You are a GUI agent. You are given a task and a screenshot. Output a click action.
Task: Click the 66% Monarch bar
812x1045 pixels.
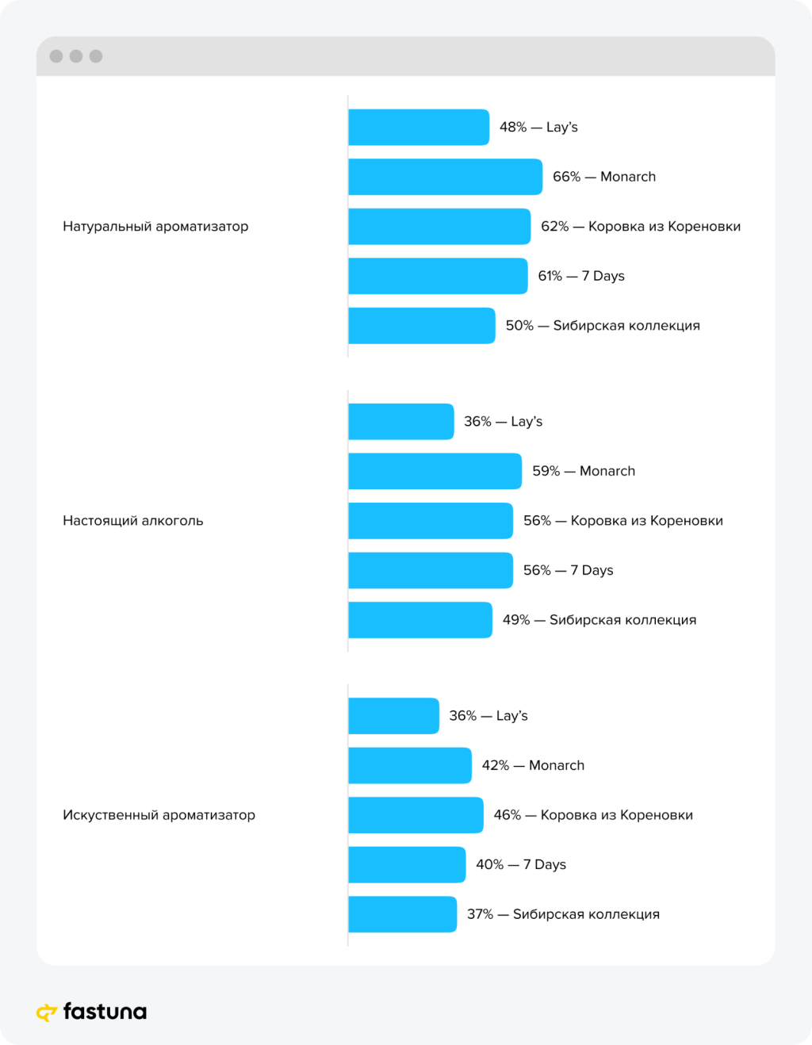[445, 177]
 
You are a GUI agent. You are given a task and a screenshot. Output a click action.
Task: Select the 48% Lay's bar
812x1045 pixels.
[419, 127]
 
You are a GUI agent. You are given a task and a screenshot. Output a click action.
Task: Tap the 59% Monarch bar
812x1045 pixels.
[435, 471]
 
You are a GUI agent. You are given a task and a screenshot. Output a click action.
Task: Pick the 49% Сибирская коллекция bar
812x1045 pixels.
[420, 620]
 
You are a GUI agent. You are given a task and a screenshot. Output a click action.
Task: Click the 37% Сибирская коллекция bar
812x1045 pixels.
[402, 914]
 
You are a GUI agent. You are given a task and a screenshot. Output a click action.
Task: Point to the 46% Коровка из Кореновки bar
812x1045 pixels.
[416, 815]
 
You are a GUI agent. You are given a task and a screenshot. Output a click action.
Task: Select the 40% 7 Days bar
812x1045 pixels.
[407, 864]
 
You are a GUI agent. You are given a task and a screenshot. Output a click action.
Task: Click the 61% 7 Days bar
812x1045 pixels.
[438, 276]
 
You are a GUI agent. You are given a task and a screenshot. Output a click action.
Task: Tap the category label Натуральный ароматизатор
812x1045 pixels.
[155, 227]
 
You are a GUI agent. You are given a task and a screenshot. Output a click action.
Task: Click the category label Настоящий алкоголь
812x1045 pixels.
[133, 521]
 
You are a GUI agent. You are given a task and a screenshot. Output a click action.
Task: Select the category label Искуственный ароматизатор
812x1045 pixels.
[159, 815]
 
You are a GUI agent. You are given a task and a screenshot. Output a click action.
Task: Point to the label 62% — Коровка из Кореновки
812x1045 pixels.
[641, 227]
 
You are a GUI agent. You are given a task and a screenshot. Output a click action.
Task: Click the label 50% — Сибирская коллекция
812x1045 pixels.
[603, 326]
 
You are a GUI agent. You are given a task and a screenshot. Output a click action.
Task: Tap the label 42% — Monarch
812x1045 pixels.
[533, 765]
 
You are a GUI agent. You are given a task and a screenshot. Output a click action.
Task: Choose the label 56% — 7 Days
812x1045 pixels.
[568, 570]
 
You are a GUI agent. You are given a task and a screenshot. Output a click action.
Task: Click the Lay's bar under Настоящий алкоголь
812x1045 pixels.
[401, 422]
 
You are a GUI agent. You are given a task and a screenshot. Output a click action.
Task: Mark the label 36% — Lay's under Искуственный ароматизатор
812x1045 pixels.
[488, 716]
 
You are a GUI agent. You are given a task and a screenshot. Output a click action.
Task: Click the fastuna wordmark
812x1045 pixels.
[105, 1012]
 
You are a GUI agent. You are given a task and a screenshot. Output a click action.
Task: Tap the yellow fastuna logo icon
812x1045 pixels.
[47, 1012]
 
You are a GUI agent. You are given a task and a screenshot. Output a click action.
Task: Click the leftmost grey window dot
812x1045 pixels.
[56, 56]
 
